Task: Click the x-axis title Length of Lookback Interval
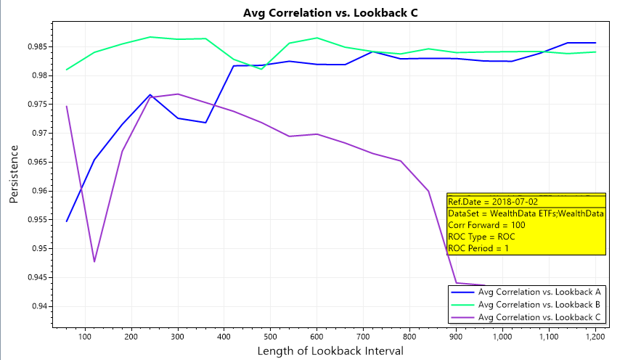[x=330, y=351]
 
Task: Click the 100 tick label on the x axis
[x=85, y=337]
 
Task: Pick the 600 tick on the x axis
[x=317, y=337]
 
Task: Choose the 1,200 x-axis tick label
[x=595, y=337]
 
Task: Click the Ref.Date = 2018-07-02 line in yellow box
[x=482, y=202]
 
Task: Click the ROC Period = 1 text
[x=478, y=248]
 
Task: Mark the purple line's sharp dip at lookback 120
[x=94, y=261]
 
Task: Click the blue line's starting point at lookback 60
[x=67, y=221]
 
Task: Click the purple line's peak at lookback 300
[x=178, y=94]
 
